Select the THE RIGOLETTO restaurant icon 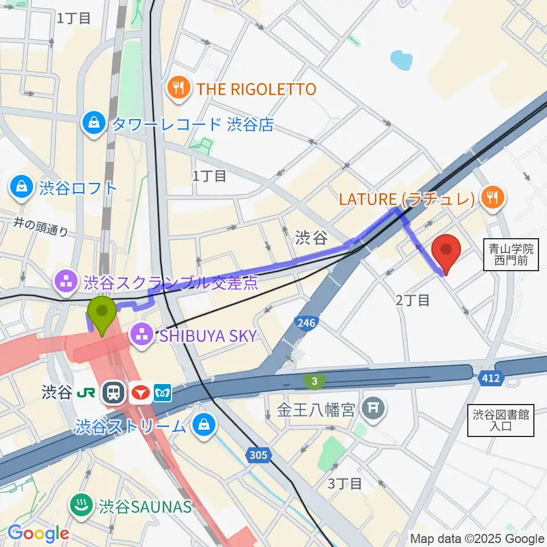point(179,89)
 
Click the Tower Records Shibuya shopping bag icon point(92,124)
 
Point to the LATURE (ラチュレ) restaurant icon point(490,198)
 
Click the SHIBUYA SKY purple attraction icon point(141,334)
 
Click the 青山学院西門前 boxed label point(511,255)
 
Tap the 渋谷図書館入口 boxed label point(501,421)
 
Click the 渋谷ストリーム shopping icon point(203,425)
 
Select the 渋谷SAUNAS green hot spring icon point(81,505)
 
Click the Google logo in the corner point(38,533)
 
